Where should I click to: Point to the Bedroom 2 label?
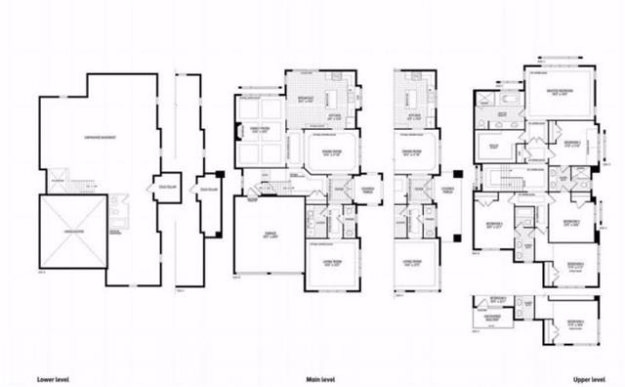573,144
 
